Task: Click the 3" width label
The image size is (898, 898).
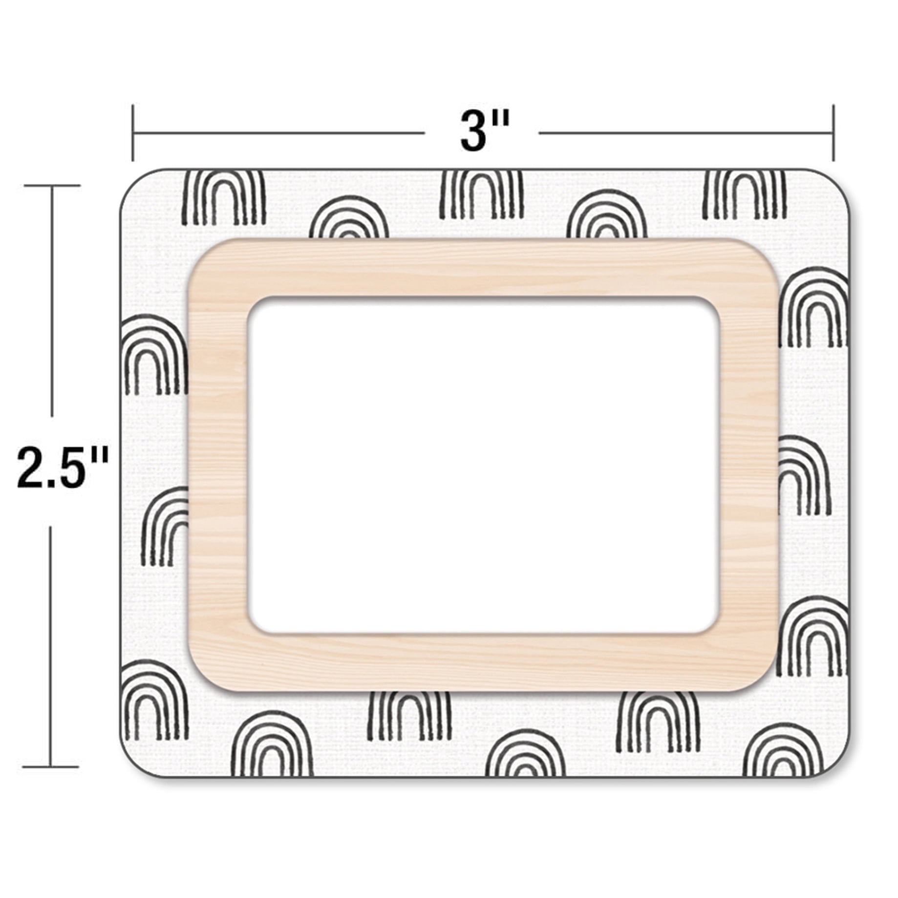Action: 484,131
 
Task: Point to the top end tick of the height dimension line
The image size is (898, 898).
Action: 51,186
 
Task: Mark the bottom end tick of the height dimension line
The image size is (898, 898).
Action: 51,767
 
